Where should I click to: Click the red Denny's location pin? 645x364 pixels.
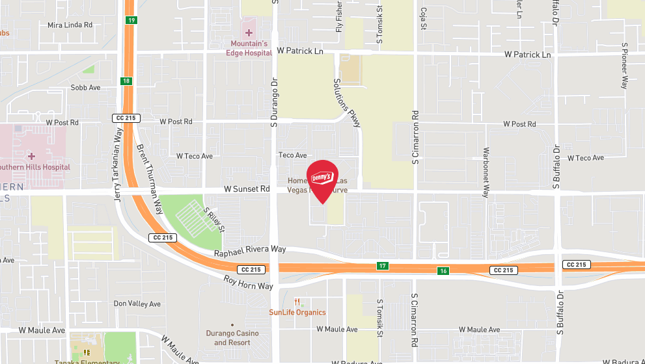pyautogui.click(x=322, y=178)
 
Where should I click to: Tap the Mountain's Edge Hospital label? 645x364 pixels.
pyautogui.click(x=249, y=48)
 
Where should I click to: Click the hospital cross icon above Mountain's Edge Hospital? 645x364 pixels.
pyautogui.click(x=249, y=32)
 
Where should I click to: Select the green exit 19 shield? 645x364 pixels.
pyautogui.click(x=131, y=21)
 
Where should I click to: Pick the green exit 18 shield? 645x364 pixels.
pyautogui.click(x=126, y=81)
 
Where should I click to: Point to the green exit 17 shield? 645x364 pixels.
pyautogui.click(x=382, y=265)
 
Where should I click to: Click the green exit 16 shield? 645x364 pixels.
pyautogui.click(x=443, y=270)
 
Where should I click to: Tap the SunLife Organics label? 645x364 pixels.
pyautogui.click(x=297, y=313)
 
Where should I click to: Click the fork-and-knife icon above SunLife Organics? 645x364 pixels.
pyautogui.click(x=297, y=302)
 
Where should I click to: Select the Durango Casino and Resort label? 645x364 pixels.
pyautogui.click(x=236, y=338)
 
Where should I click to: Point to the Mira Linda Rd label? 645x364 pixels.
pyautogui.click(x=70, y=25)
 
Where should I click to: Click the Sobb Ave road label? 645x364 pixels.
pyautogui.click(x=85, y=87)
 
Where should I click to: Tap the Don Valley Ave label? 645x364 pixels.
pyautogui.click(x=137, y=304)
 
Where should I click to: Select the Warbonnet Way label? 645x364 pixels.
pyautogui.click(x=486, y=172)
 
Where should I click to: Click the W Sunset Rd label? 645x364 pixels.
pyautogui.click(x=247, y=189)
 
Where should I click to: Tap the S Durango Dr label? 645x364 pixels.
pyautogui.click(x=274, y=107)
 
